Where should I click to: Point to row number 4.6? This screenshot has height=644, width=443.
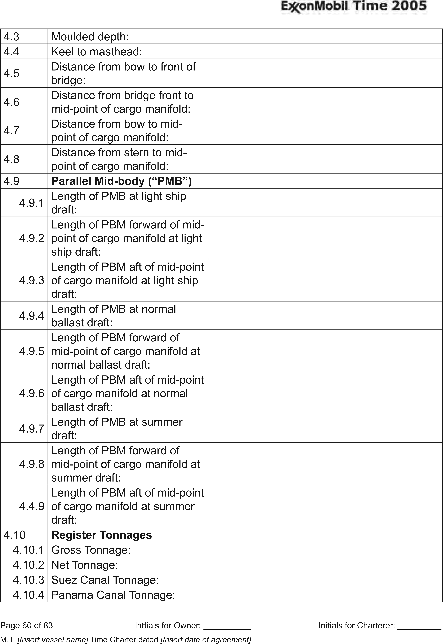(x=11, y=102)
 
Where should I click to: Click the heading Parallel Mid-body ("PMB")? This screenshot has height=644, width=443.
(x=121, y=181)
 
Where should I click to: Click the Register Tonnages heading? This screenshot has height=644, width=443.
(x=102, y=535)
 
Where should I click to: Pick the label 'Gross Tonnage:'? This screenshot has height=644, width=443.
(x=91, y=550)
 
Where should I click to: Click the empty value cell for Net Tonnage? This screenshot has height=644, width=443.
(x=325, y=565)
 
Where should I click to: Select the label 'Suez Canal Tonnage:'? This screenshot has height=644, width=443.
(x=105, y=580)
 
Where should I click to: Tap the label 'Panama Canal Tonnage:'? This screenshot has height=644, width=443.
(x=113, y=595)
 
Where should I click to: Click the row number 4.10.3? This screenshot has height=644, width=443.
(x=28, y=580)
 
